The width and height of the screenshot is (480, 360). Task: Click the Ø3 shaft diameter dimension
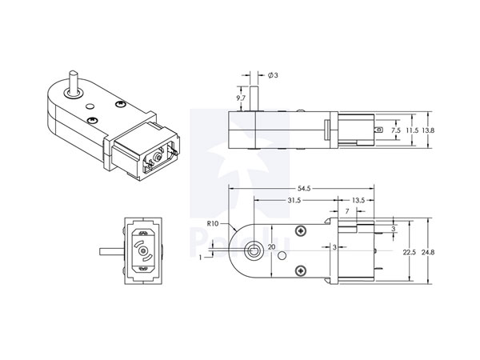pos(273,75)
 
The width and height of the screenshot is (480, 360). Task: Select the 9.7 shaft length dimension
pos(241,97)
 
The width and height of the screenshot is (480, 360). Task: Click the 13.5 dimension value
pos(358,200)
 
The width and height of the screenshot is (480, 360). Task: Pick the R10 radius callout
pos(213,223)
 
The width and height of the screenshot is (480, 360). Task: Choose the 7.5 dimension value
pos(395,129)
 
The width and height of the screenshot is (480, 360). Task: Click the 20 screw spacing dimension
pos(271,247)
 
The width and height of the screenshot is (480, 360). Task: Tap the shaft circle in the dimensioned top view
pos(254,250)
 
